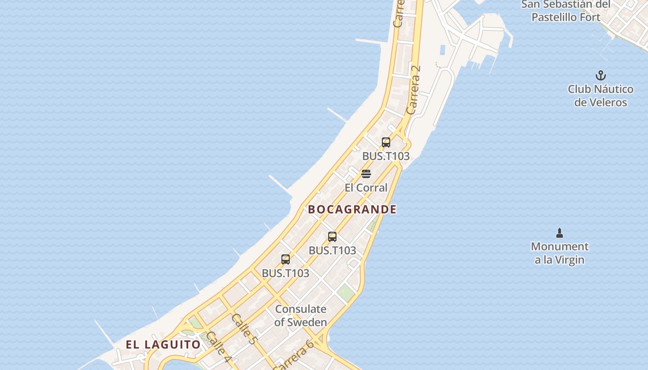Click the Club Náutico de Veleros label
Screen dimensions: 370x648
600,96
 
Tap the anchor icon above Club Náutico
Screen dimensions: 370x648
600,75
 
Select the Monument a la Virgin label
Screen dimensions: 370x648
559,253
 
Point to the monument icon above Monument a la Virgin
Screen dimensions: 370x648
559,232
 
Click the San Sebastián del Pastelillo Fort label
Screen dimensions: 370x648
566,11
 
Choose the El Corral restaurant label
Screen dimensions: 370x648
366,188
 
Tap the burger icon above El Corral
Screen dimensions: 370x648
366,174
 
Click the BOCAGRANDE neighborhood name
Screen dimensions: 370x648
352,210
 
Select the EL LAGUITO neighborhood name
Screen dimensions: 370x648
163,345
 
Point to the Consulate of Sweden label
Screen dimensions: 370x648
300,315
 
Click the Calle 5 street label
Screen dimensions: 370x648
244,329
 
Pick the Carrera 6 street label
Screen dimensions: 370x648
294,354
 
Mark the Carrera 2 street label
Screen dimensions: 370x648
413,90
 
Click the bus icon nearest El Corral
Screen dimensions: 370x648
386,142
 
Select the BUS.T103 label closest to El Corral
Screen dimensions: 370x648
386,156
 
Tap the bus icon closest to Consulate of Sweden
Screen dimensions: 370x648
286,259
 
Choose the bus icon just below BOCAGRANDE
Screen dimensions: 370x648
332,237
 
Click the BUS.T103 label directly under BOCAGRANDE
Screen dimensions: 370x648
332,251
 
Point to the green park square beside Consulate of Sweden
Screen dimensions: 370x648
345,292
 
